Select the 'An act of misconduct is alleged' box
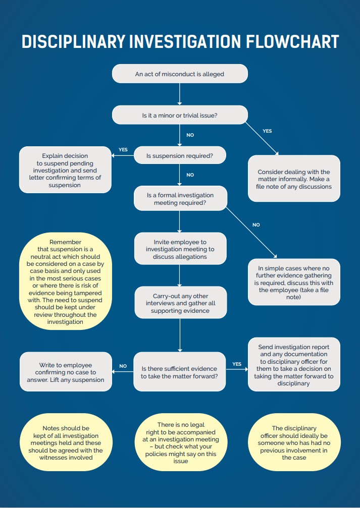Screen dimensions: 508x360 (x=179, y=74)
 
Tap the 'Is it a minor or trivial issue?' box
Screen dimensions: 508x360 (x=179, y=115)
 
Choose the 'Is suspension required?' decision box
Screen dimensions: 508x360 (x=179, y=156)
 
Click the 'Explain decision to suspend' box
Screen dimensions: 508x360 (x=65, y=170)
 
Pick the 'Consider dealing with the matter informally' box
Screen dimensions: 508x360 (x=294, y=179)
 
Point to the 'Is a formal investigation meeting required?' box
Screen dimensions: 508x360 (x=179, y=199)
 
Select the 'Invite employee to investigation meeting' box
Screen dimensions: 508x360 (x=180, y=249)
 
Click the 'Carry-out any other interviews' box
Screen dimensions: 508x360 (x=180, y=303)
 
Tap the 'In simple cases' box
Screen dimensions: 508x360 (x=294, y=282)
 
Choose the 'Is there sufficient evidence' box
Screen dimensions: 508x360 (x=179, y=372)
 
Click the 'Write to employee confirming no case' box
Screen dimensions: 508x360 (x=65, y=372)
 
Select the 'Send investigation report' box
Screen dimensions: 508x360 (x=294, y=365)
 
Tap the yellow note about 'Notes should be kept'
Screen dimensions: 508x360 (x=65, y=442)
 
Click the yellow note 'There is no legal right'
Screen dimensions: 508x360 (x=180, y=442)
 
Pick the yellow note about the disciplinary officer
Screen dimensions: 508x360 (x=294, y=442)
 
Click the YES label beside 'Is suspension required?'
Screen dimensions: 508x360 (x=123, y=150)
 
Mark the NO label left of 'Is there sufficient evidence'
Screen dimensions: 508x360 (x=123, y=366)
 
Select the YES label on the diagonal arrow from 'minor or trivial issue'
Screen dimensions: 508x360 (x=267, y=131)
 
